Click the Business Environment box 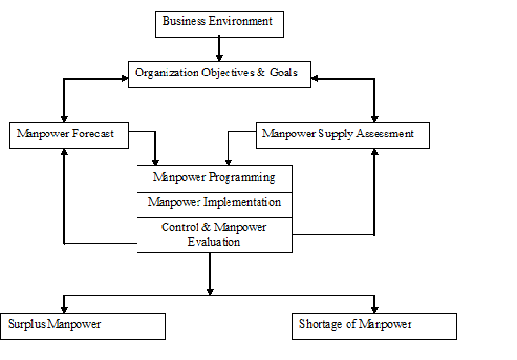[219, 22]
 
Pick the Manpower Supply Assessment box [342, 135]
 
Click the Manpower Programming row [214, 178]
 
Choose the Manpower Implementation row [214, 203]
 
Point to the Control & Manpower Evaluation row [214, 234]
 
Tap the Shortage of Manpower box [373, 325]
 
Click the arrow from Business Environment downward [219, 48]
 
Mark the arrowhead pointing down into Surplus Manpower [64, 307]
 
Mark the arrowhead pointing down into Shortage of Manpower [374, 307]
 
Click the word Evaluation [214, 242]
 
